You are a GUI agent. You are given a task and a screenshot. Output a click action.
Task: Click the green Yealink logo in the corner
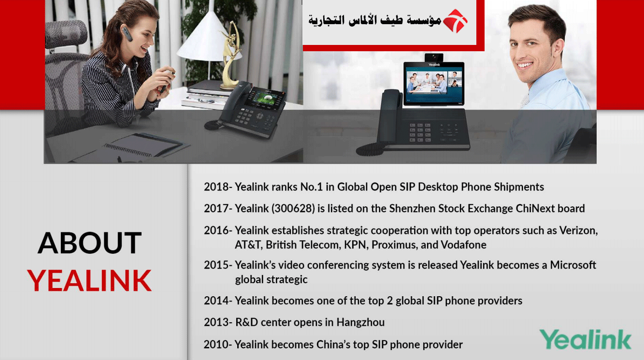click(586, 339)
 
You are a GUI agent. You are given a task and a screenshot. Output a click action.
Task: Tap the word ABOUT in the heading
click(90, 243)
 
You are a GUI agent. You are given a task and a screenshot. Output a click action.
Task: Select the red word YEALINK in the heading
click(89, 280)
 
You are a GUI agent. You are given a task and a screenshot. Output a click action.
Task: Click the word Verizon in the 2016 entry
click(578, 230)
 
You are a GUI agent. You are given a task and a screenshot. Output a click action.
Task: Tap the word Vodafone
click(463, 245)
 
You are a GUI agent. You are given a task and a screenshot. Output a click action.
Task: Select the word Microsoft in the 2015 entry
click(573, 265)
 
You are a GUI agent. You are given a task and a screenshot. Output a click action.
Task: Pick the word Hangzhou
click(360, 322)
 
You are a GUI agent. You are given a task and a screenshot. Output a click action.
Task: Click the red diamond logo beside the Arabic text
click(455, 21)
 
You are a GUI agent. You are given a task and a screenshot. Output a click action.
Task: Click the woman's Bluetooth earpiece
click(127, 33)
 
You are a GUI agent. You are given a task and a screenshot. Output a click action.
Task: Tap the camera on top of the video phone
click(434, 57)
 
